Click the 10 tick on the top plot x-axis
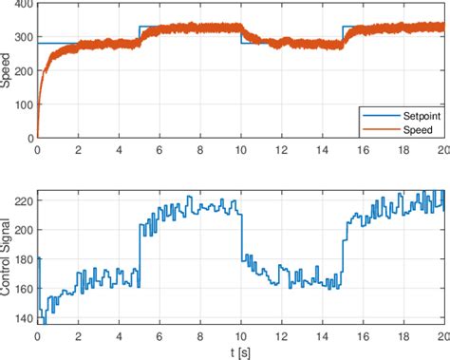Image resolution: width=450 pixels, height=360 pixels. (240, 149)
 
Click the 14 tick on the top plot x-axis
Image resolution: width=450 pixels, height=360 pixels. (321, 149)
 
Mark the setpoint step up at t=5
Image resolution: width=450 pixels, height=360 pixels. (140, 34)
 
